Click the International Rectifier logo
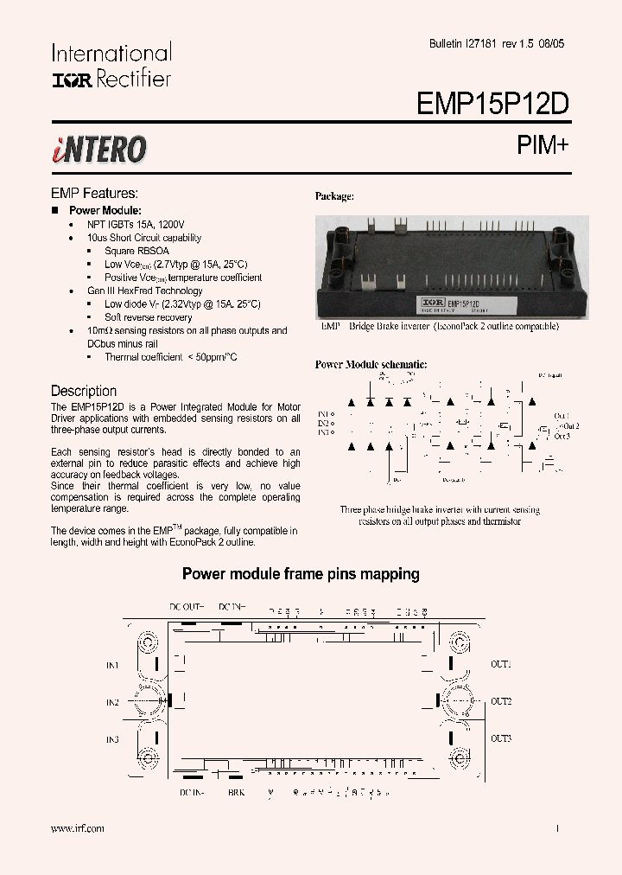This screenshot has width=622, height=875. point(111,66)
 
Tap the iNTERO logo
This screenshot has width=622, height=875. point(98,150)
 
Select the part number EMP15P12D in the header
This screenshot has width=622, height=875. point(492,104)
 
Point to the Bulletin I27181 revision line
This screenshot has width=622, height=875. point(498,44)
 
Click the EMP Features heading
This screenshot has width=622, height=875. point(94,194)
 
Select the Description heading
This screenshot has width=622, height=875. point(83,391)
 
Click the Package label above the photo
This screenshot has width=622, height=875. point(333,196)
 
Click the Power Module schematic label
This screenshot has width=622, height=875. point(371,365)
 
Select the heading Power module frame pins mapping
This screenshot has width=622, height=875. point(301,573)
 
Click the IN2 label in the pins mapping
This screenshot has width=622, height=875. point(112,702)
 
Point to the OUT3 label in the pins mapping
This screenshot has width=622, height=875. point(501,738)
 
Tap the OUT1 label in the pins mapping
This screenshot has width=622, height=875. point(501,664)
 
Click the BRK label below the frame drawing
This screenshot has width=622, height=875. point(236,792)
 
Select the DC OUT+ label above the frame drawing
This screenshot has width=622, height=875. point(186,607)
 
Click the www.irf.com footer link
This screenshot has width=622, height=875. point(78,828)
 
